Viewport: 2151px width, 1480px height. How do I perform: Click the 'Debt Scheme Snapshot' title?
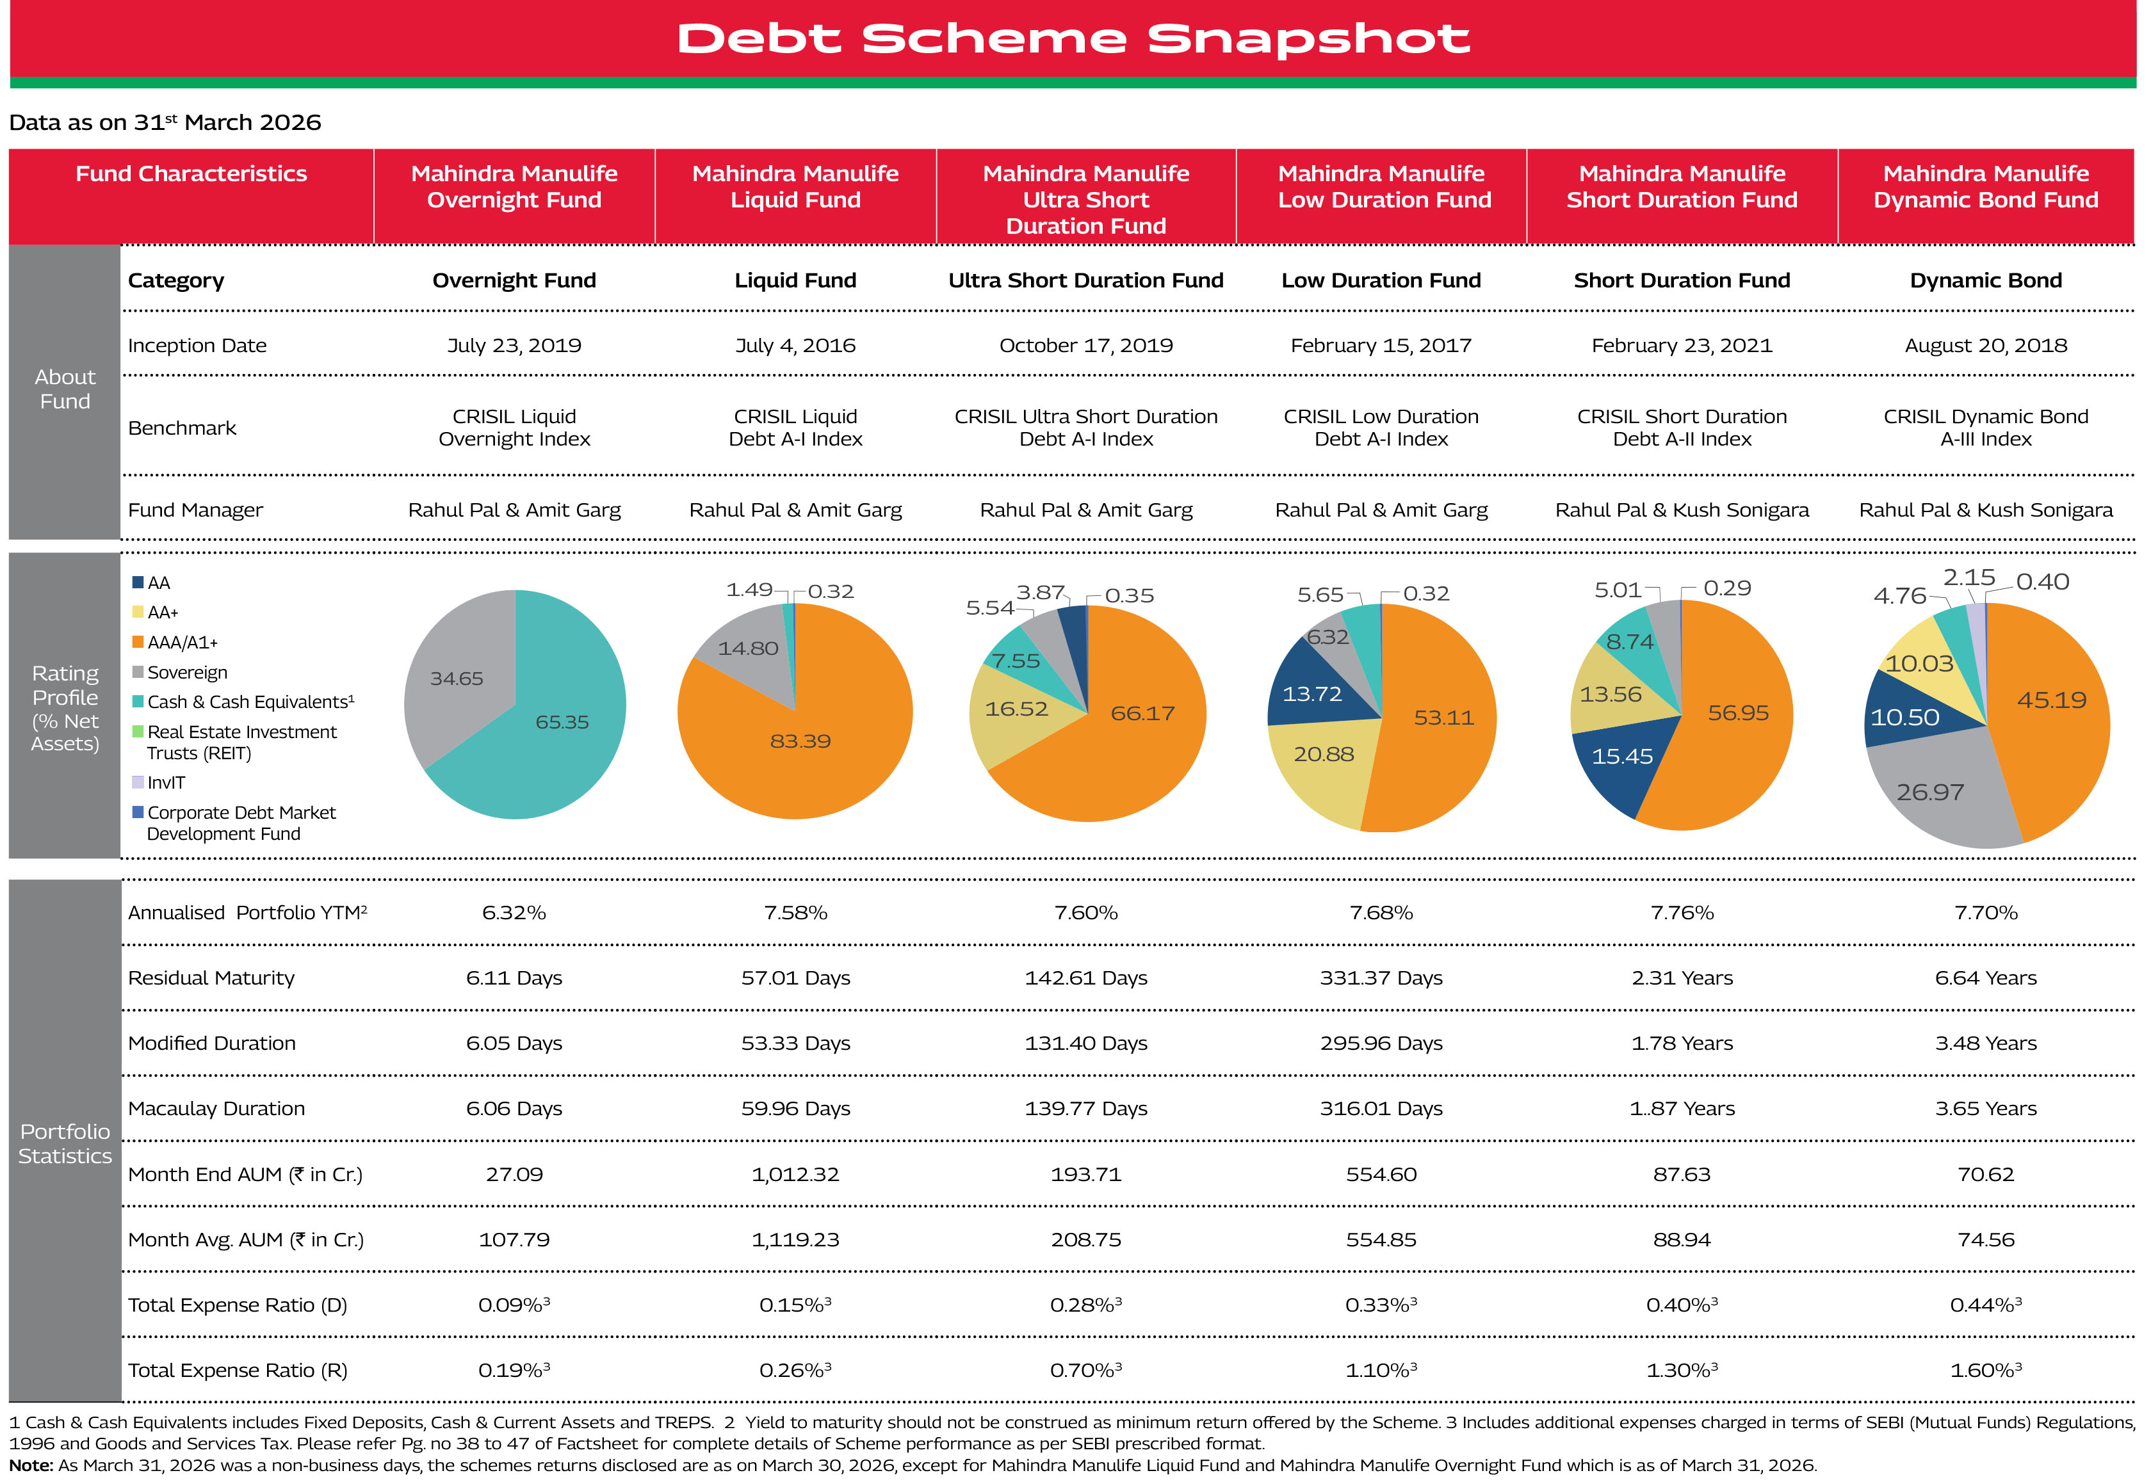point(1073,39)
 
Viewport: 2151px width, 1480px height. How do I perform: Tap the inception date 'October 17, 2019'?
point(1085,346)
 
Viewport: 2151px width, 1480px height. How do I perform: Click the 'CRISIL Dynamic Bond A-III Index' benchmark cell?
point(1985,428)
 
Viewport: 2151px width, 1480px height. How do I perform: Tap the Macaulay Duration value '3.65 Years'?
point(1985,1109)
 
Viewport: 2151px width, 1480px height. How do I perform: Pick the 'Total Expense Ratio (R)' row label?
point(238,1371)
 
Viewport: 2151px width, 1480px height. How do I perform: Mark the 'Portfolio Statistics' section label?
point(65,1143)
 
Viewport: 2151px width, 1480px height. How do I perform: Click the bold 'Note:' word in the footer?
point(31,1465)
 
